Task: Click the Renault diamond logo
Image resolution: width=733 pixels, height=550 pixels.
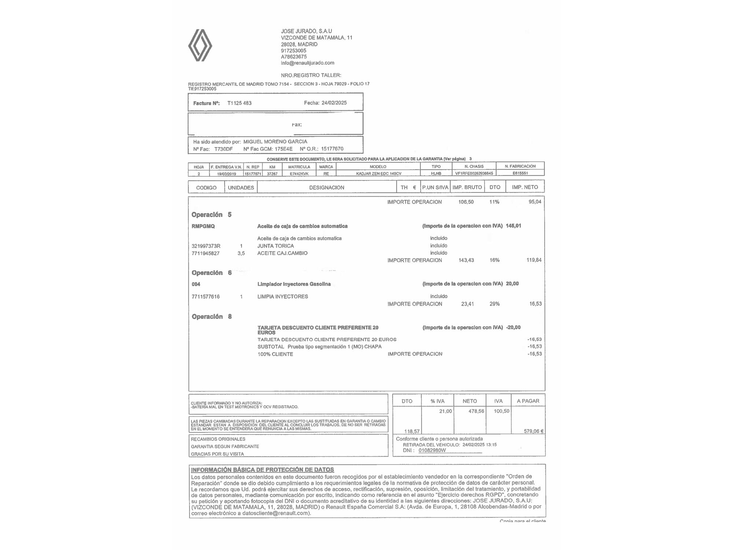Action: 200,45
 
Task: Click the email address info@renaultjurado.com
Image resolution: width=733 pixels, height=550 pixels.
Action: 307,63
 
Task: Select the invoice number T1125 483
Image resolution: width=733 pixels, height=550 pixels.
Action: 239,103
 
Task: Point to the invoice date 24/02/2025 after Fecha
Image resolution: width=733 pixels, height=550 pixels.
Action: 334,103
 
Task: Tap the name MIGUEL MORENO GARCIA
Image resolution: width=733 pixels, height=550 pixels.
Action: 275,142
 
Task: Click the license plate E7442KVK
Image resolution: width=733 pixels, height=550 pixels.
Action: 299,174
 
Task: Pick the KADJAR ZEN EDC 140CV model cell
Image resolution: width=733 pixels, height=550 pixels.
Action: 379,173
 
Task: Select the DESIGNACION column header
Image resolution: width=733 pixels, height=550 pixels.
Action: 327,187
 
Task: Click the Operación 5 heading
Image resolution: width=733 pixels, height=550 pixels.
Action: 211,214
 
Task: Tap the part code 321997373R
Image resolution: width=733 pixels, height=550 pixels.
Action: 206,246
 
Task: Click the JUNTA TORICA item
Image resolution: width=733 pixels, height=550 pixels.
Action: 276,246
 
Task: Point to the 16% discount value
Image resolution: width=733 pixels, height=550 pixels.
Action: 494,260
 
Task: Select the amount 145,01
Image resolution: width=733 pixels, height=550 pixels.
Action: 513,226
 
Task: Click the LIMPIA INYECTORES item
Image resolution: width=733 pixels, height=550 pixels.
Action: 283,297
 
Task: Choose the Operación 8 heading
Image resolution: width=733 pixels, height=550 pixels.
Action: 211,316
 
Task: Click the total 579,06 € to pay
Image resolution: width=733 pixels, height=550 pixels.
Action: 533,431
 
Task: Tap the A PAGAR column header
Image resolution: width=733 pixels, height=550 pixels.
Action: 528,401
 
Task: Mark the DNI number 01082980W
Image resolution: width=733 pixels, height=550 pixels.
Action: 432,450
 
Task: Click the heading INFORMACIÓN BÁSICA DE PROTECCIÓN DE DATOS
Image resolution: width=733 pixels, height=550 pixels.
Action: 262,470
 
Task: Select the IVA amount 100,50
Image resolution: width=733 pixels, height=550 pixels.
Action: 501,411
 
